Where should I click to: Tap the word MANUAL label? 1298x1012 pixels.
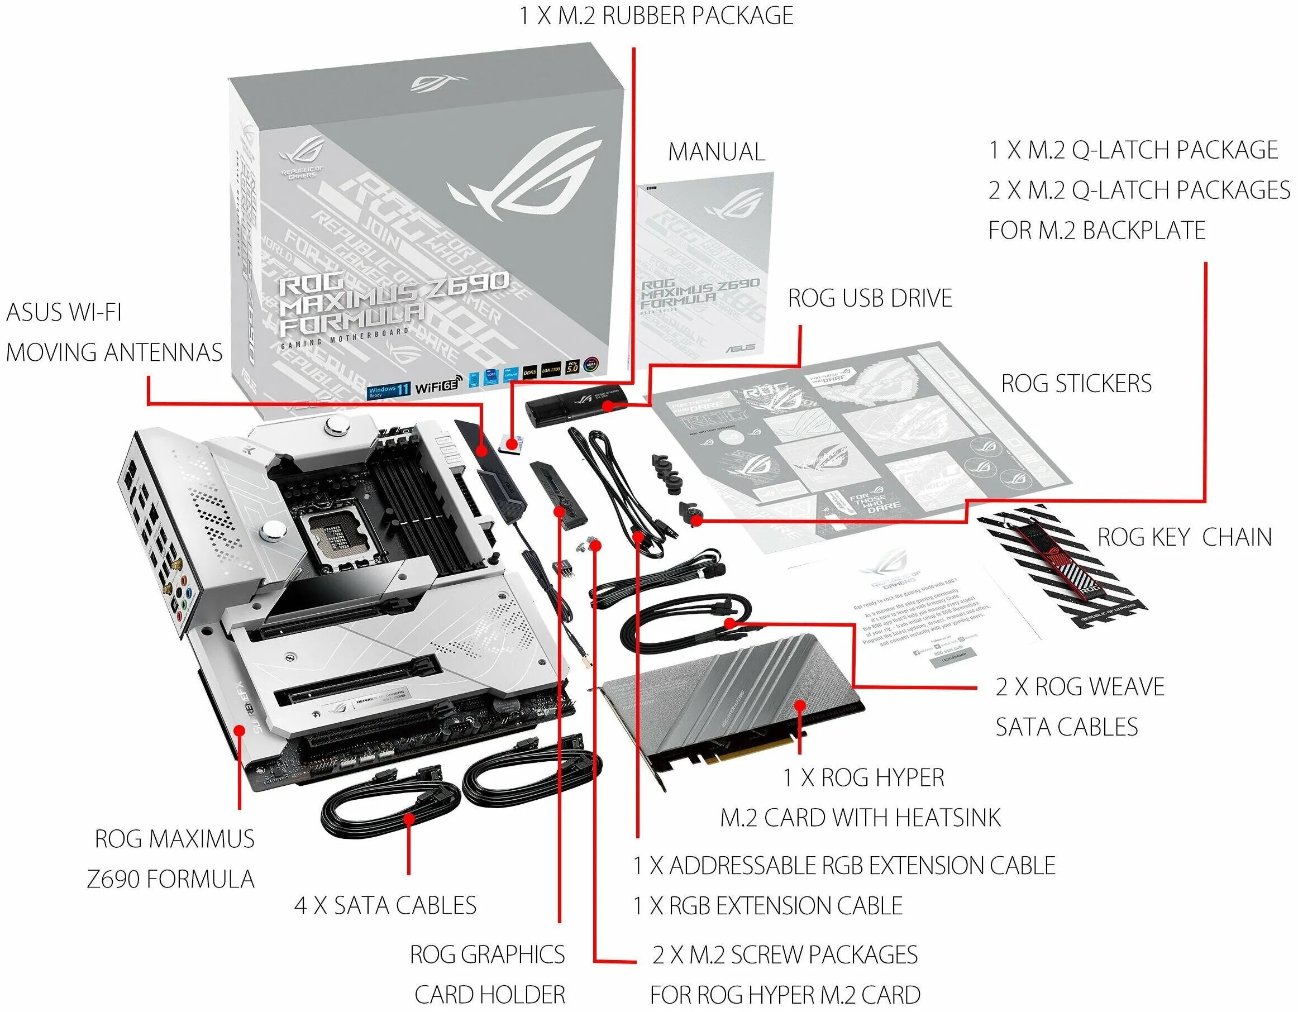pyautogui.click(x=716, y=152)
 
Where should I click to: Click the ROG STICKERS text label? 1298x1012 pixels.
pyautogui.click(x=1076, y=383)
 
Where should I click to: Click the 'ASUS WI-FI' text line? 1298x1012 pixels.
pyautogui.click(x=64, y=313)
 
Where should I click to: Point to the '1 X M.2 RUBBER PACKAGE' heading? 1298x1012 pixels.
pyautogui.click(x=656, y=16)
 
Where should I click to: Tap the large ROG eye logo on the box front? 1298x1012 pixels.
pyautogui.click(x=523, y=173)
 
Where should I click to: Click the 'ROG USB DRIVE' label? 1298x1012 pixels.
pyautogui.click(x=870, y=298)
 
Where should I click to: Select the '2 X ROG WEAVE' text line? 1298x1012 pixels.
pyautogui.click(x=1080, y=687)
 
